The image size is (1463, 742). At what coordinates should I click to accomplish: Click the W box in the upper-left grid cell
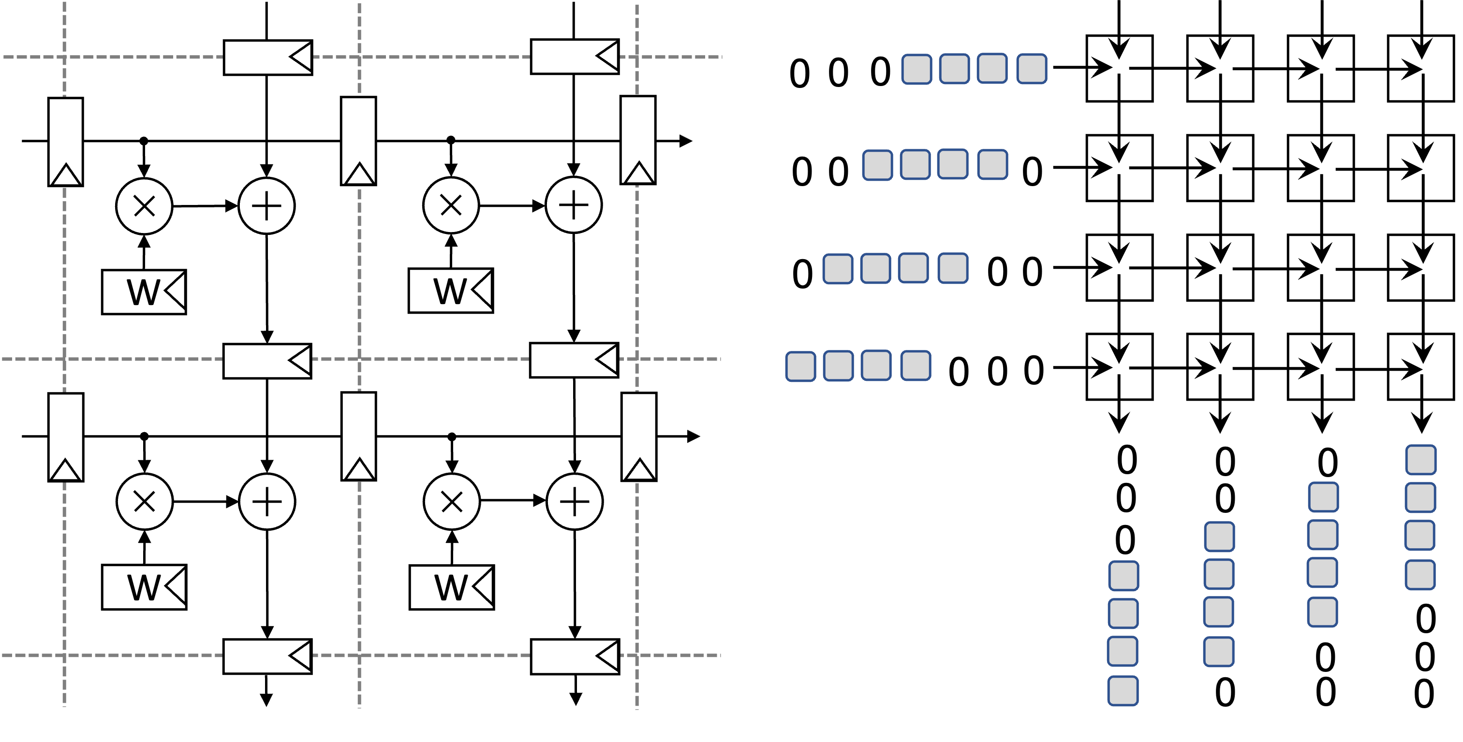coord(144,292)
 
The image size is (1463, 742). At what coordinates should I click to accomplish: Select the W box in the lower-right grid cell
coord(452,587)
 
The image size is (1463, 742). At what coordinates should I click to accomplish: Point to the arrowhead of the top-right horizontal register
coord(606,56)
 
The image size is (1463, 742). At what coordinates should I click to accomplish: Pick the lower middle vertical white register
coord(359,436)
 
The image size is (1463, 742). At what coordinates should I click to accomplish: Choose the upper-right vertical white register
coord(638,140)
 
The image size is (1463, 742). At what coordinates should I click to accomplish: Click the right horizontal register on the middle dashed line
coord(574,360)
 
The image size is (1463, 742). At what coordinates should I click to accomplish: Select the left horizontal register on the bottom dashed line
coord(267,656)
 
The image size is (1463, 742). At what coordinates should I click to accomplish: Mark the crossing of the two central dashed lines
coord(359,359)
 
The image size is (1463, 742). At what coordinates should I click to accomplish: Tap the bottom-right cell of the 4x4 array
coord(1420,367)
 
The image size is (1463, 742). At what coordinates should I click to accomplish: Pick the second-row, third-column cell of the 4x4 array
coord(1320,168)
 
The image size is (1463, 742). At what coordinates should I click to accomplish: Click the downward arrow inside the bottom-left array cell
coord(1118,349)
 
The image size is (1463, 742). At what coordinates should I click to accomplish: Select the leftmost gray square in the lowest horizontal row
coord(801,367)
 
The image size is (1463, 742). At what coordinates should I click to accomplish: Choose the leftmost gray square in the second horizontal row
coord(877,165)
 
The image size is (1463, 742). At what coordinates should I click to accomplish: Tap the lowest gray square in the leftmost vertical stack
coord(1123,691)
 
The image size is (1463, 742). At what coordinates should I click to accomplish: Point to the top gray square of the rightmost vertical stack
coord(1421,460)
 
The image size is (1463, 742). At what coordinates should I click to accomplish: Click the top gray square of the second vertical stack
coord(1219,537)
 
